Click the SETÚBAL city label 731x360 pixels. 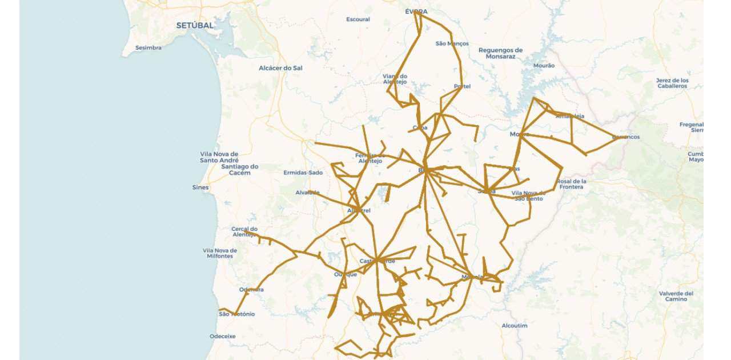click(195, 26)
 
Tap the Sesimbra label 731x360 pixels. click(148, 48)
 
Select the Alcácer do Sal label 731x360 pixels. click(280, 68)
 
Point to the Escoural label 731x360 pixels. click(358, 19)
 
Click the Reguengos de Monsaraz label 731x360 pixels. click(500, 54)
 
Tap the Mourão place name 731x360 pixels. click(543, 66)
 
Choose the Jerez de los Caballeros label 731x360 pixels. click(672, 83)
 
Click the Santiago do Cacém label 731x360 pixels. click(240, 170)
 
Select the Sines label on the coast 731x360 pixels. click(200, 187)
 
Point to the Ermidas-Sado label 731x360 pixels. click(303, 173)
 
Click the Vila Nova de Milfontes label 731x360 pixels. click(220, 253)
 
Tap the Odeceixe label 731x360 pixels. click(223, 337)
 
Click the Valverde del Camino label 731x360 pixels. click(676, 296)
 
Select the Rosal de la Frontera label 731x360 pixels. click(571, 184)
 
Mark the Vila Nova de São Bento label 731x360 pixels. click(528, 196)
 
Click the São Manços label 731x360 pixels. click(452, 43)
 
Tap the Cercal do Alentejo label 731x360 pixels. click(244, 232)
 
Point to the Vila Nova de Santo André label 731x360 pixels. click(219, 157)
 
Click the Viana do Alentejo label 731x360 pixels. click(395, 79)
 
